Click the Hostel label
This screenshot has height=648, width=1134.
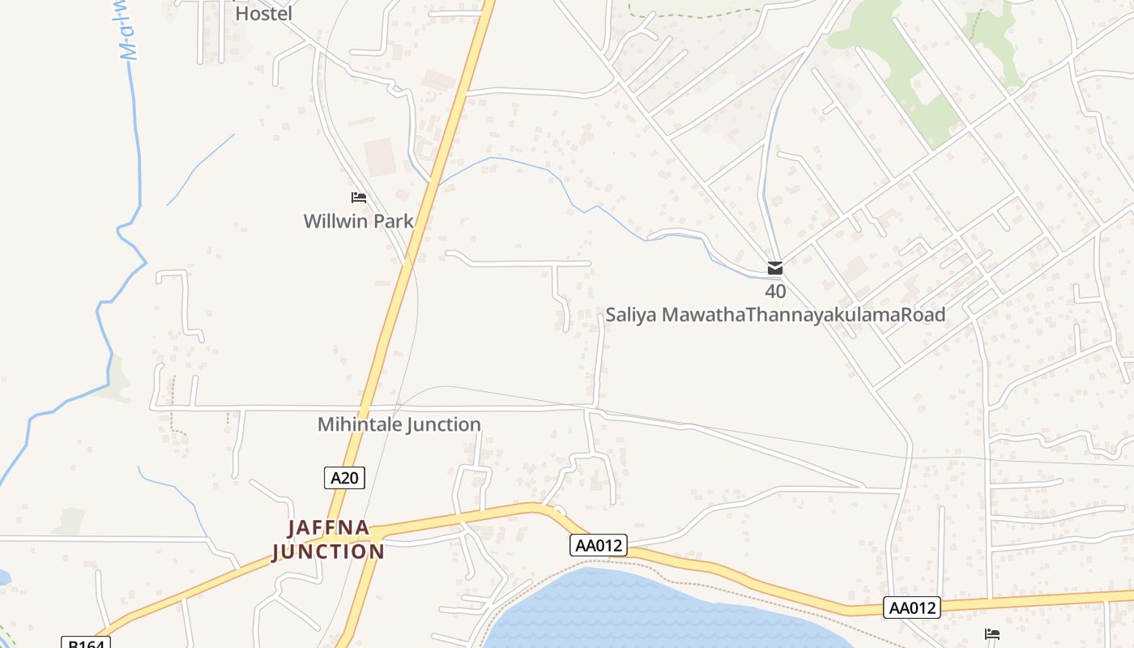coord(263,13)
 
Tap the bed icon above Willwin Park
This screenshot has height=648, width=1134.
coord(359,198)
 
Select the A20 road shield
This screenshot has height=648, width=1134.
coord(344,478)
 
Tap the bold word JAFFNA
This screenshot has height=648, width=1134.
coord(329,528)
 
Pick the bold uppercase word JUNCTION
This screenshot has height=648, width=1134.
coord(328,552)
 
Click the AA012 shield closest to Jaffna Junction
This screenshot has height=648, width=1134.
coord(599,545)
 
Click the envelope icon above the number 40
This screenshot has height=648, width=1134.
coord(775,268)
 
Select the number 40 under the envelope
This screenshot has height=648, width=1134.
coord(775,292)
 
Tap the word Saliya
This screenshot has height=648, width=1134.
coord(632,314)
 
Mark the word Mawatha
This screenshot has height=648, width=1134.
coord(703,314)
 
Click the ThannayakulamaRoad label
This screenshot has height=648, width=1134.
coord(845,314)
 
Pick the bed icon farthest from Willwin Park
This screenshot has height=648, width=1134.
coord(992,634)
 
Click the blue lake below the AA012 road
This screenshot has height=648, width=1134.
coord(648,616)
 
